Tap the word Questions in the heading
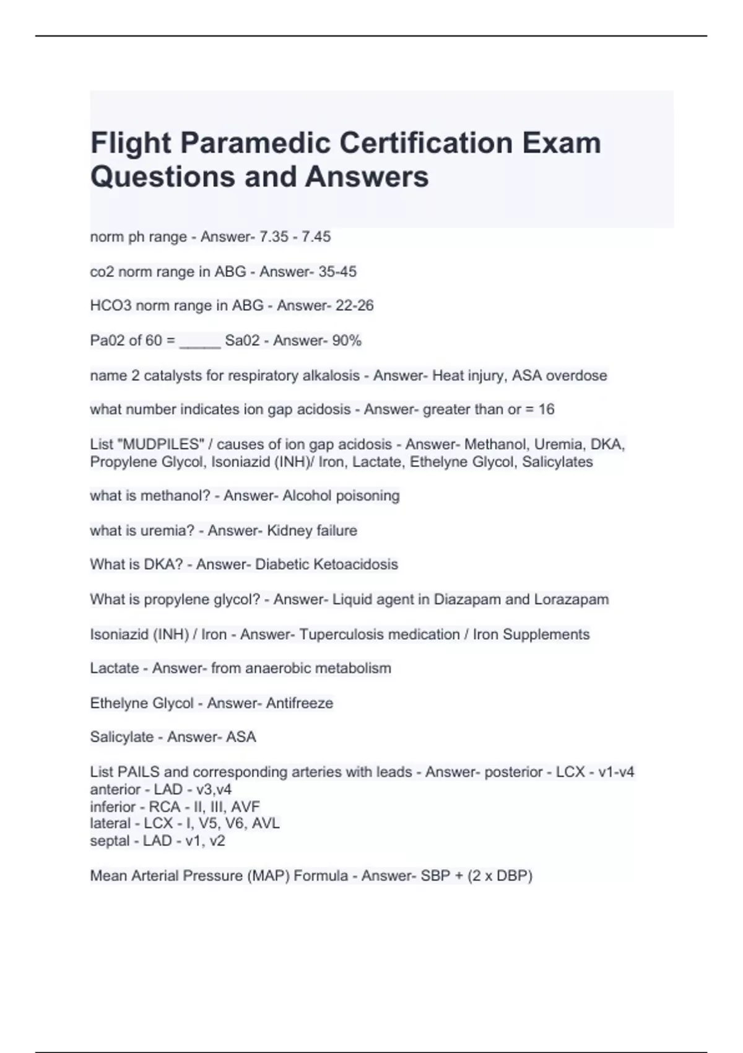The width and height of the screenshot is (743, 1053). pyautogui.click(x=162, y=177)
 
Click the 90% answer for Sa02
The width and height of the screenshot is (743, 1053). pyautogui.click(x=347, y=340)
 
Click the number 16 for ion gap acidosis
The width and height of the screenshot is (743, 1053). pyautogui.click(x=546, y=409)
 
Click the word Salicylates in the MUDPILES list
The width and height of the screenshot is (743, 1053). pyautogui.click(x=557, y=461)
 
